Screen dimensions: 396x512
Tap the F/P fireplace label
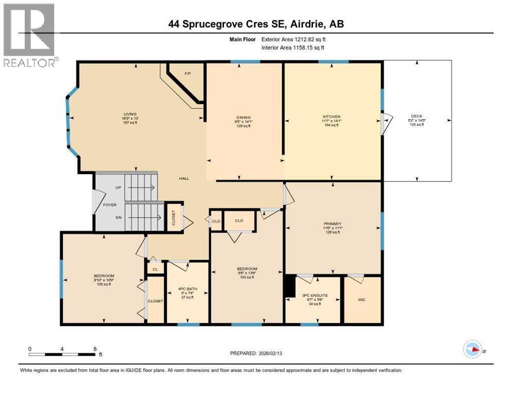[188, 74]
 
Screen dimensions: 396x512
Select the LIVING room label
[129, 114]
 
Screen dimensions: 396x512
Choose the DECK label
[416, 116]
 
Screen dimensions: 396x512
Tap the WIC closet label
[362, 299]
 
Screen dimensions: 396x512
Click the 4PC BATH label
[186, 288]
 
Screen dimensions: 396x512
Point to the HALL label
[184, 178]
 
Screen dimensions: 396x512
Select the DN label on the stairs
[119, 218]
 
